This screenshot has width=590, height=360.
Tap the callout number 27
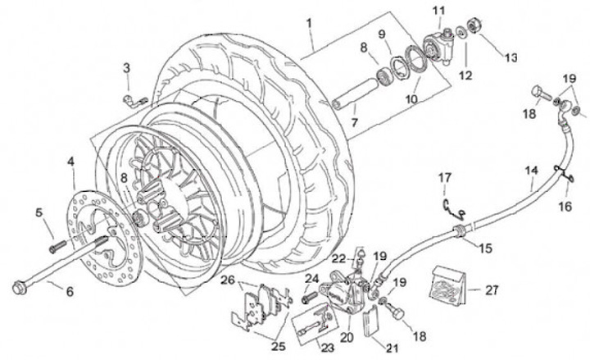click(x=492, y=289)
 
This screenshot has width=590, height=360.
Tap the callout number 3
click(x=125, y=67)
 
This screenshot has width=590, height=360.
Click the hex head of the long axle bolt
click(x=19, y=287)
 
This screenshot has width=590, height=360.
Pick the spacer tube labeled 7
click(x=348, y=104)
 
